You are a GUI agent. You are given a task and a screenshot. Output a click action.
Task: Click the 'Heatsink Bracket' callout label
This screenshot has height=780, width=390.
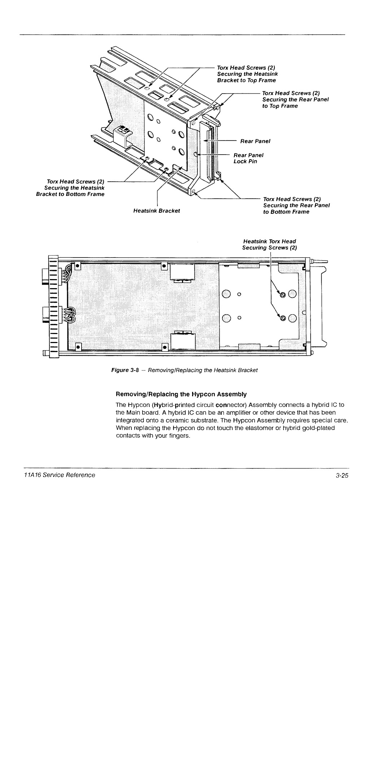(x=156, y=211)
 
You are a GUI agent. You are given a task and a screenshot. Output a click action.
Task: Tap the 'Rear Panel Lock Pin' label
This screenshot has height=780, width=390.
(x=248, y=158)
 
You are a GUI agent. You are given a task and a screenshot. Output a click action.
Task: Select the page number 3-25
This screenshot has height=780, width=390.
(x=341, y=475)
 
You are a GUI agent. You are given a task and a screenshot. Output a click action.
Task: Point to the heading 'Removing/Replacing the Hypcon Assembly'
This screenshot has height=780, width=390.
(x=181, y=394)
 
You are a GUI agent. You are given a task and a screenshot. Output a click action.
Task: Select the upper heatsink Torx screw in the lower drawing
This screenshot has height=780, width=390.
(x=283, y=295)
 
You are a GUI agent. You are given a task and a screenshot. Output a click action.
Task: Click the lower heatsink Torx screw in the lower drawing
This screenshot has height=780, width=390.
(x=283, y=318)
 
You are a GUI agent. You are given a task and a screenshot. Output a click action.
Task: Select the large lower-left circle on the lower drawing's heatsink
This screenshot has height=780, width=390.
(x=226, y=318)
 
